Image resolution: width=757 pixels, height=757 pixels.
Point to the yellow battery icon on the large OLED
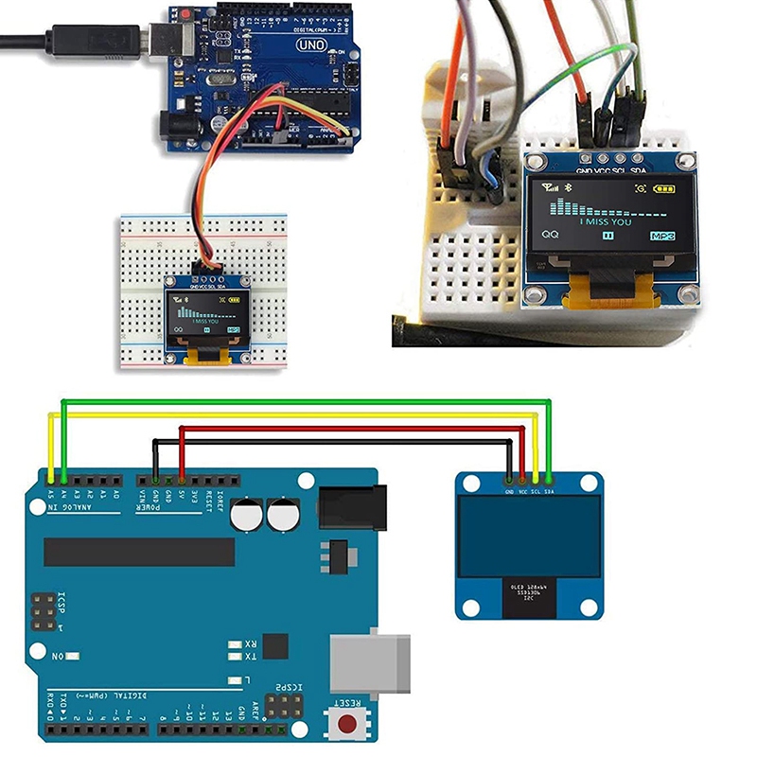666,189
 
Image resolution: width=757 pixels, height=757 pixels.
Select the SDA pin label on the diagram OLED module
550,491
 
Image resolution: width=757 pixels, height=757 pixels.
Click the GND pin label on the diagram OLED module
509,491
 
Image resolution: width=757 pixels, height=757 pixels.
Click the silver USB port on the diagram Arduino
371,665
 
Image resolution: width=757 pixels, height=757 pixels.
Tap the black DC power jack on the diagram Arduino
353,508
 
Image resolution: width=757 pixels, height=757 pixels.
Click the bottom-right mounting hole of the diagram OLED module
590,606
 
